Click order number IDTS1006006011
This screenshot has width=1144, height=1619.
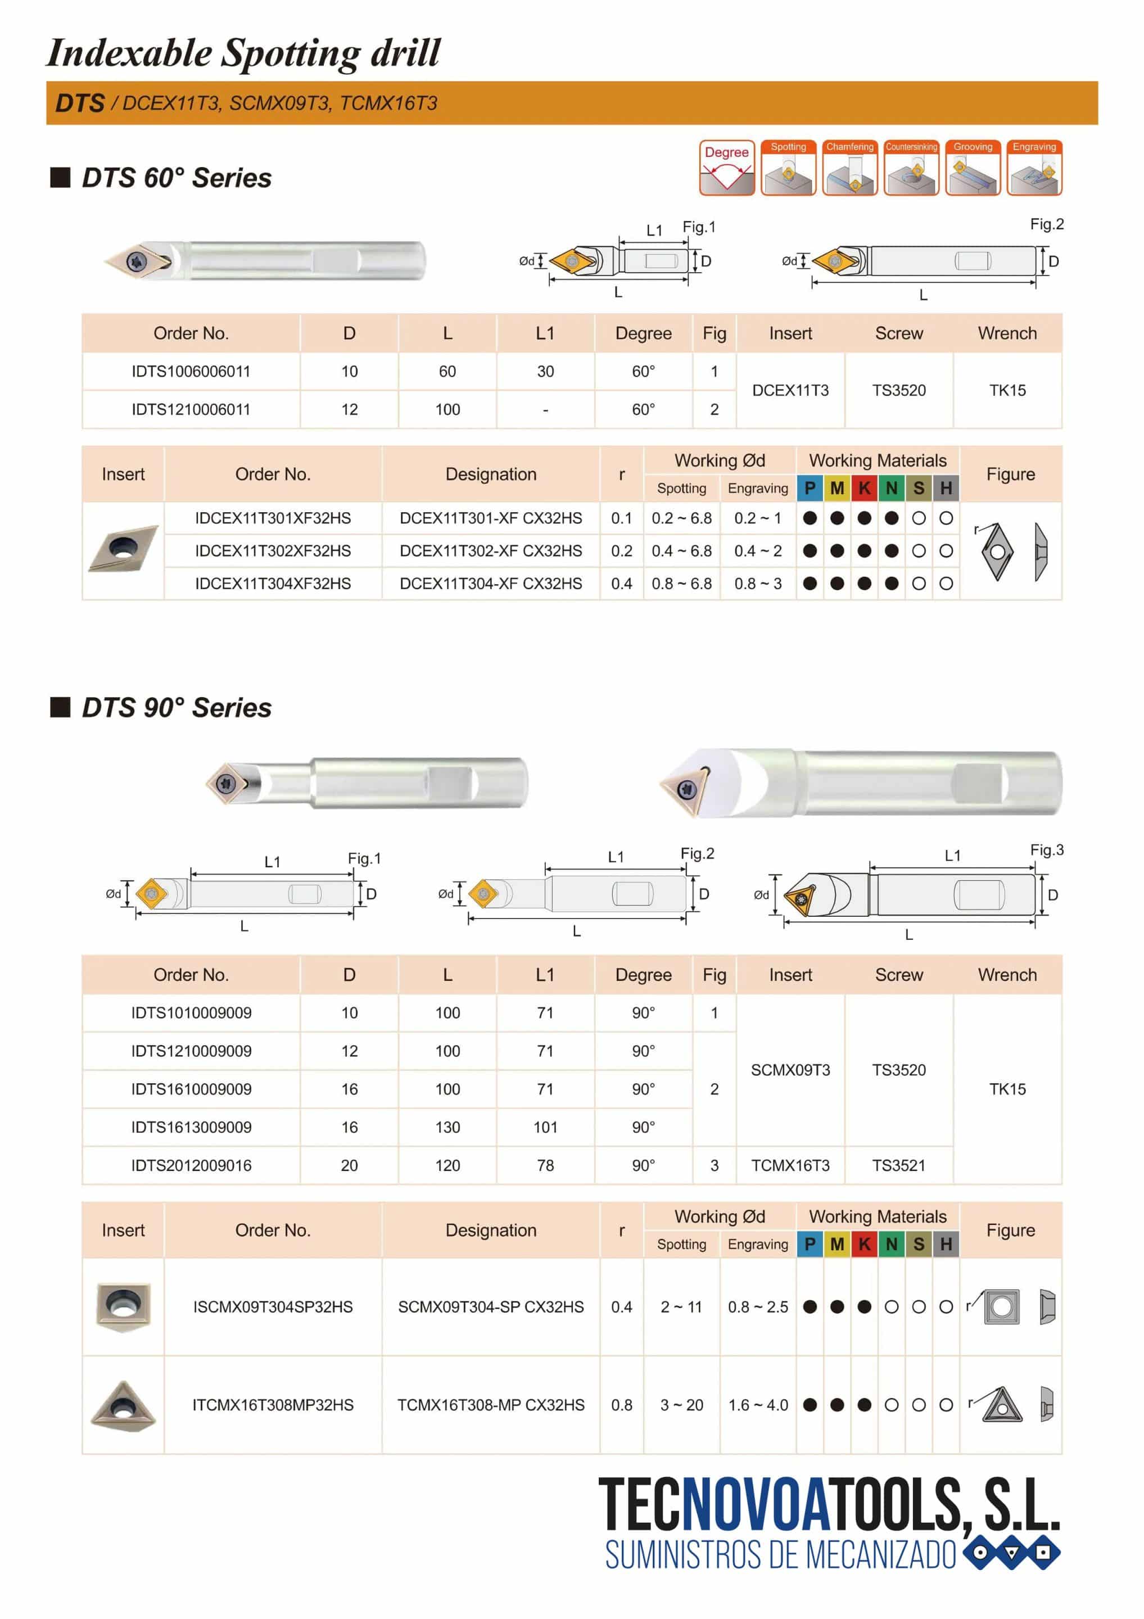(x=191, y=371)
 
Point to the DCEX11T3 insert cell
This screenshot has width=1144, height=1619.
(x=790, y=390)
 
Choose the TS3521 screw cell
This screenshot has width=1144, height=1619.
(x=898, y=1165)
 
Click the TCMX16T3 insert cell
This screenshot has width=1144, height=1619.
(x=790, y=1165)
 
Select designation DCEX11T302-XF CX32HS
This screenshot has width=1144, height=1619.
(x=490, y=551)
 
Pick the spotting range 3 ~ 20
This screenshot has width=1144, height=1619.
(x=681, y=1405)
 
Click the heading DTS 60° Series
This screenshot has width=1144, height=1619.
(x=177, y=178)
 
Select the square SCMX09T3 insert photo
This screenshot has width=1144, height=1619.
(x=123, y=1306)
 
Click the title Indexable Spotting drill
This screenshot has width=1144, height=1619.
(x=243, y=53)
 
